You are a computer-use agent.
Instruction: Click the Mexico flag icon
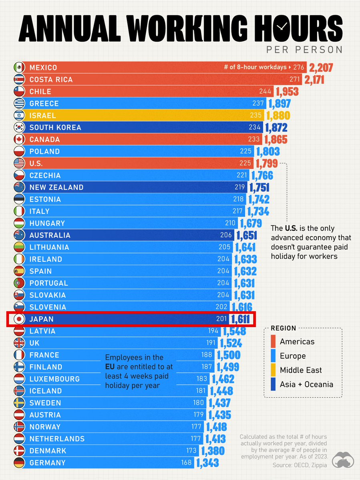click(18, 68)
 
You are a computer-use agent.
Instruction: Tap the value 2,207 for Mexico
click(320, 68)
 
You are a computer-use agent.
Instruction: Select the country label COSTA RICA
click(51, 80)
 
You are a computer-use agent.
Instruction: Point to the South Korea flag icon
click(18, 128)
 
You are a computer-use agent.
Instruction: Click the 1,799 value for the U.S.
click(266, 164)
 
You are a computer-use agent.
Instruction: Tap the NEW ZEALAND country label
click(56, 187)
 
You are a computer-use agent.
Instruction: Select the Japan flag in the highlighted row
click(18, 319)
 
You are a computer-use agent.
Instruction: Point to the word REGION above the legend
click(284, 328)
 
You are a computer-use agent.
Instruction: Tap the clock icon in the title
click(282, 25)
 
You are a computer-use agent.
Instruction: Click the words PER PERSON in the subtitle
click(304, 50)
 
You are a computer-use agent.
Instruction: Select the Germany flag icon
click(18, 463)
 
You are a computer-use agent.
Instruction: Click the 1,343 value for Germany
click(207, 463)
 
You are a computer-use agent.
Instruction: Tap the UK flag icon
click(18, 343)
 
